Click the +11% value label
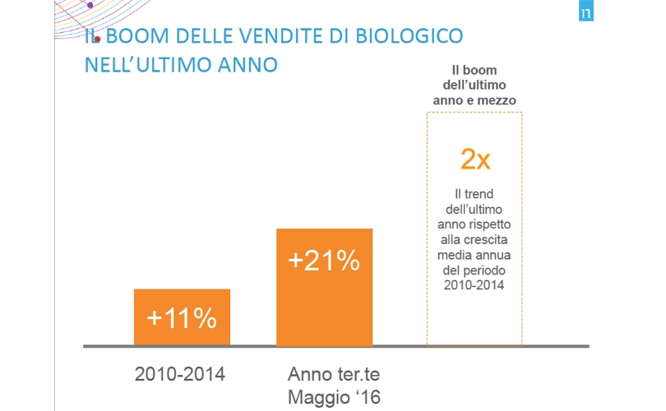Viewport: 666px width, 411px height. (182, 317)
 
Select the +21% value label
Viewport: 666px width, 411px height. (324, 260)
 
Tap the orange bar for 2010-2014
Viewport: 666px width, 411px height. (182, 317)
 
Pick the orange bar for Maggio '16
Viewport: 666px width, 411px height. (325, 287)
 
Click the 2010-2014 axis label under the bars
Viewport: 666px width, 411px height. (180, 374)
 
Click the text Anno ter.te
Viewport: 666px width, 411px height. (334, 374)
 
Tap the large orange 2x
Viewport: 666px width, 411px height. (475, 159)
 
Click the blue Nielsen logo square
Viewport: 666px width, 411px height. (586, 11)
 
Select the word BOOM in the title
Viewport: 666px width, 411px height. (137, 35)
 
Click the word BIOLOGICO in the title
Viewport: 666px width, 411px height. (409, 35)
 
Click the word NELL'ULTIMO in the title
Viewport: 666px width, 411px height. (149, 65)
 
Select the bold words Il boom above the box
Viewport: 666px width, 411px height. (474, 70)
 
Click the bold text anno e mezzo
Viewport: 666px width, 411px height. (474, 100)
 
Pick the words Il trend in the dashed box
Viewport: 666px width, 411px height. (474, 194)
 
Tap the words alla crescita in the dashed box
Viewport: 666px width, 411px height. (474, 240)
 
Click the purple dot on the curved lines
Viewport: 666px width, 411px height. (90, 5)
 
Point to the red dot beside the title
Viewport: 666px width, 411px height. (97, 39)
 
